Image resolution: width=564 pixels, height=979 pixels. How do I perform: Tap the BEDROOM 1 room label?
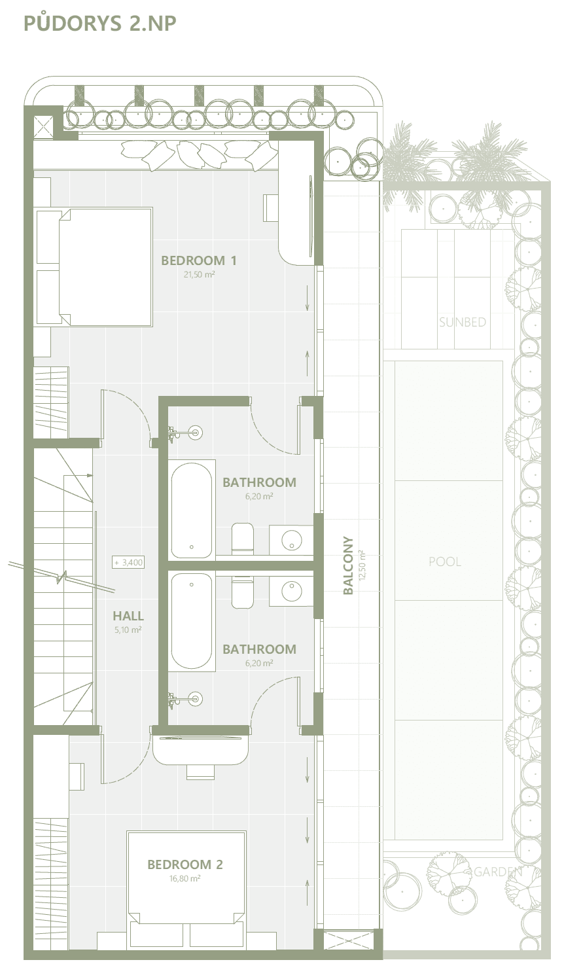tap(199, 260)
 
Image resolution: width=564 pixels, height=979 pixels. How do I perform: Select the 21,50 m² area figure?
tap(199, 274)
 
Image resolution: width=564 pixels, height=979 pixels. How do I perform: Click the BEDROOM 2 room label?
tap(185, 864)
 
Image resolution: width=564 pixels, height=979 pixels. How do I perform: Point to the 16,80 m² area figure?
tap(185, 878)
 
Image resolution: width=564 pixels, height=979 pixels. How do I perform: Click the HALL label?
tap(128, 616)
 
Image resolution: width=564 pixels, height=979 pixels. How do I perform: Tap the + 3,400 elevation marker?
tap(128, 562)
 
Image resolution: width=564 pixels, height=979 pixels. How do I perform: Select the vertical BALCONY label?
tap(348, 565)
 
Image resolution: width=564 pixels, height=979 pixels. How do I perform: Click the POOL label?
tap(445, 561)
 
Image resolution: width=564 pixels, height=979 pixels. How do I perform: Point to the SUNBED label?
tap(463, 322)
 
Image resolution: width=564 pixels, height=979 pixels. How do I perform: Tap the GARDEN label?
tap(498, 872)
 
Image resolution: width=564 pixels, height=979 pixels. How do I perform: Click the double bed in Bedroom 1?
tap(95, 266)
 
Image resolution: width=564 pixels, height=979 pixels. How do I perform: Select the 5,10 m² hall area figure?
tap(128, 630)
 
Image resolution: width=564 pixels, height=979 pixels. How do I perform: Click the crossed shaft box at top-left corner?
tap(43, 127)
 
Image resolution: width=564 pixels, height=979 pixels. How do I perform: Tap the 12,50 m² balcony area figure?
tap(361, 565)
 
